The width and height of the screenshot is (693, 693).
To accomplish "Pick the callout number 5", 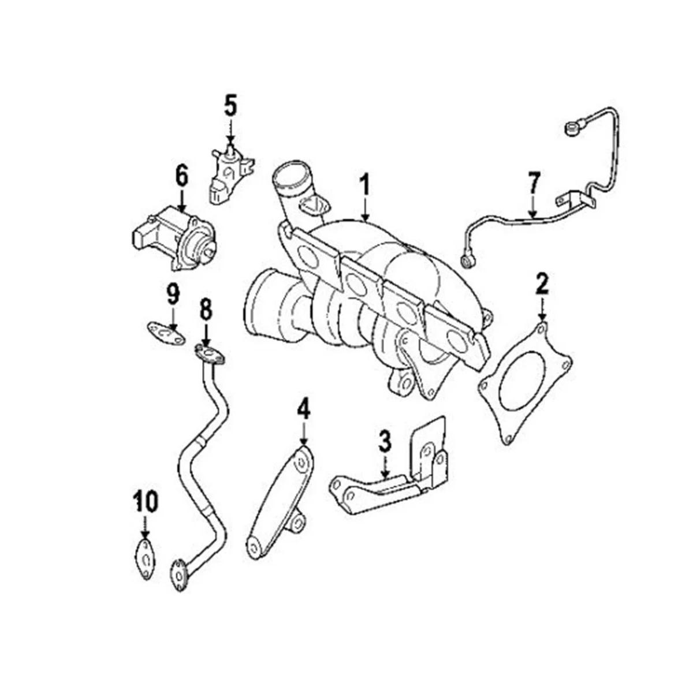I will [230, 107].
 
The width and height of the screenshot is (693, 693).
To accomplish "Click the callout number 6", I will [182, 176].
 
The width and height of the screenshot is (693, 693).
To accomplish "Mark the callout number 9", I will [173, 295].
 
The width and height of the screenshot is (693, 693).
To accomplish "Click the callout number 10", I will [145, 501].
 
